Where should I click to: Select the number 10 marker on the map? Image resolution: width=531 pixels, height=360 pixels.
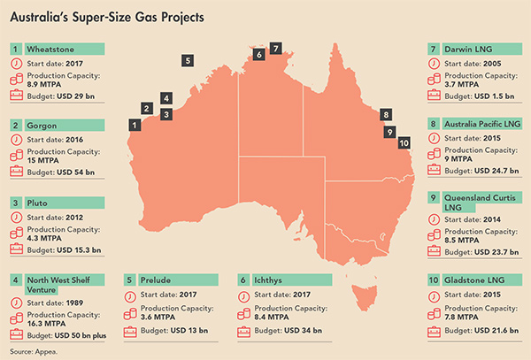[x=404, y=142]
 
